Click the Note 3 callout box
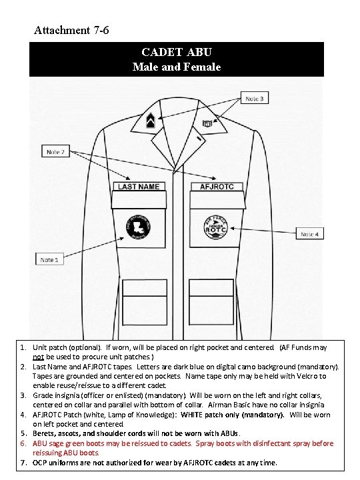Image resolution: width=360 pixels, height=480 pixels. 254,99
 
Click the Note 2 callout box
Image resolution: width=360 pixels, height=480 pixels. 55,151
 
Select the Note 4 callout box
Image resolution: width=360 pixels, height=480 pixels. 309,234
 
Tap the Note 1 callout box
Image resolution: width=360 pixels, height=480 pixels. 49,259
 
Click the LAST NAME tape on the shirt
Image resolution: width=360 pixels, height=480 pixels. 139,187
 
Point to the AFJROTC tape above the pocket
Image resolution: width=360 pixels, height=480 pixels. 217,187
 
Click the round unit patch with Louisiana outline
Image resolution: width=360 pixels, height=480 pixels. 139,227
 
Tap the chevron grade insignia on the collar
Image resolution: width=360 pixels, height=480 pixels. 150,121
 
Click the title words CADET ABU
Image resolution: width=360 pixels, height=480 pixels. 177,52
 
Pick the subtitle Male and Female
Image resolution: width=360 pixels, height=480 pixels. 177,67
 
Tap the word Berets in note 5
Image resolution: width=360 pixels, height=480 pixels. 46,434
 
